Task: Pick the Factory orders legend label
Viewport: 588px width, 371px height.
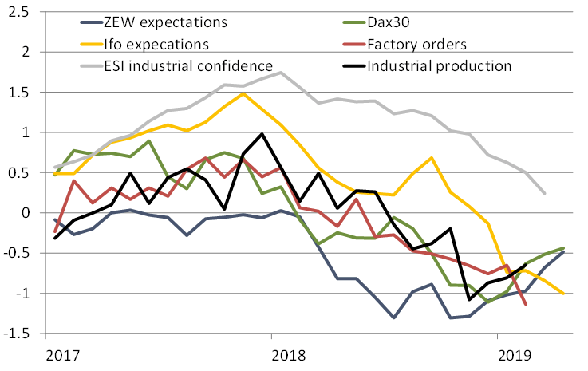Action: coord(416,42)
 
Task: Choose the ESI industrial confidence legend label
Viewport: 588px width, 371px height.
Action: coord(196,65)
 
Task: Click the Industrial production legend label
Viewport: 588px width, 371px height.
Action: coord(439,65)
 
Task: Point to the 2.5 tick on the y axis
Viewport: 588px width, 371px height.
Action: coord(18,12)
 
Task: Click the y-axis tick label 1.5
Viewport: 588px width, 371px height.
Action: coord(18,93)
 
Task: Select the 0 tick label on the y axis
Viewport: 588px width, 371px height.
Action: coord(25,213)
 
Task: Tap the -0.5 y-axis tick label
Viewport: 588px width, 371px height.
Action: coord(16,254)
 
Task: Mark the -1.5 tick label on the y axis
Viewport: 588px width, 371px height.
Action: coord(16,334)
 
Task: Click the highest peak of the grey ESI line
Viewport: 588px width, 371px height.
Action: coord(280,73)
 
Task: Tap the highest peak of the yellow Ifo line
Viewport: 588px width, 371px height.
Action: coord(243,93)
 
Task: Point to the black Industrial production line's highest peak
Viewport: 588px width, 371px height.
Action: coord(262,134)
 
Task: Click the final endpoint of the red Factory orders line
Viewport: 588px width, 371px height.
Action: coord(526,304)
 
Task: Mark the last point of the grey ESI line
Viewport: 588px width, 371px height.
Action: coord(544,193)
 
